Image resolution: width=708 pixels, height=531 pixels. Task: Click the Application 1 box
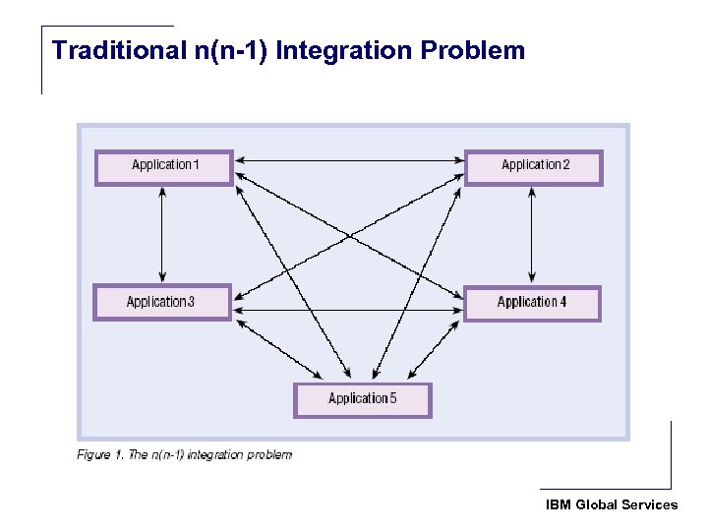pos(164,166)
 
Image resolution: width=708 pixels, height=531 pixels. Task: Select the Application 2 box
pos(533,166)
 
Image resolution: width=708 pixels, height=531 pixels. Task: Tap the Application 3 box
pos(162,302)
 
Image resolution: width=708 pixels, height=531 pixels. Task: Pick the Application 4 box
pos(532,302)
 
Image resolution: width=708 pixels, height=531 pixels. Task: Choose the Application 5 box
pos(363,399)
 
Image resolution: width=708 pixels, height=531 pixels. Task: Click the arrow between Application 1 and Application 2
pos(349,159)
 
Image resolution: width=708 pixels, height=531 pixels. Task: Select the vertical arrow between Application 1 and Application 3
pos(162,234)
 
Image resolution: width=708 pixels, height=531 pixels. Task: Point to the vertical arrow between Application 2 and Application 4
pos(532,234)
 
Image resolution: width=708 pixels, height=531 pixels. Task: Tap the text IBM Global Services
pos(612,504)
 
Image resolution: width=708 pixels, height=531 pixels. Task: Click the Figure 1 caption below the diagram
pos(185,454)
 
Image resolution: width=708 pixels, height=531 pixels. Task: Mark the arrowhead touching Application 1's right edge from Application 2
pos(240,159)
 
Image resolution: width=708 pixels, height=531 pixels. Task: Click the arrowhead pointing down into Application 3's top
pos(162,277)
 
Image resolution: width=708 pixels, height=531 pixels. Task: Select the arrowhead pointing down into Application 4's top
pos(532,277)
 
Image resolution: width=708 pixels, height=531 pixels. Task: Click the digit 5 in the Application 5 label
pos(392,398)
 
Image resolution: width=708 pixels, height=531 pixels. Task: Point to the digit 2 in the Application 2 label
pos(565,165)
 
